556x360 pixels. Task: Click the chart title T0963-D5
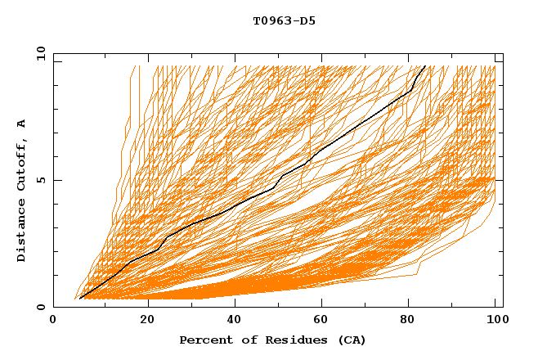(x=284, y=21)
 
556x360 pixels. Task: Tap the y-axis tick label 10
(x=40, y=53)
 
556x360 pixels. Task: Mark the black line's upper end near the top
(x=424, y=65)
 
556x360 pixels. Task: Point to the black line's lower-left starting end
(x=80, y=299)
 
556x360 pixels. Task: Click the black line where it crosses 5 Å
(x=281, y=180)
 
